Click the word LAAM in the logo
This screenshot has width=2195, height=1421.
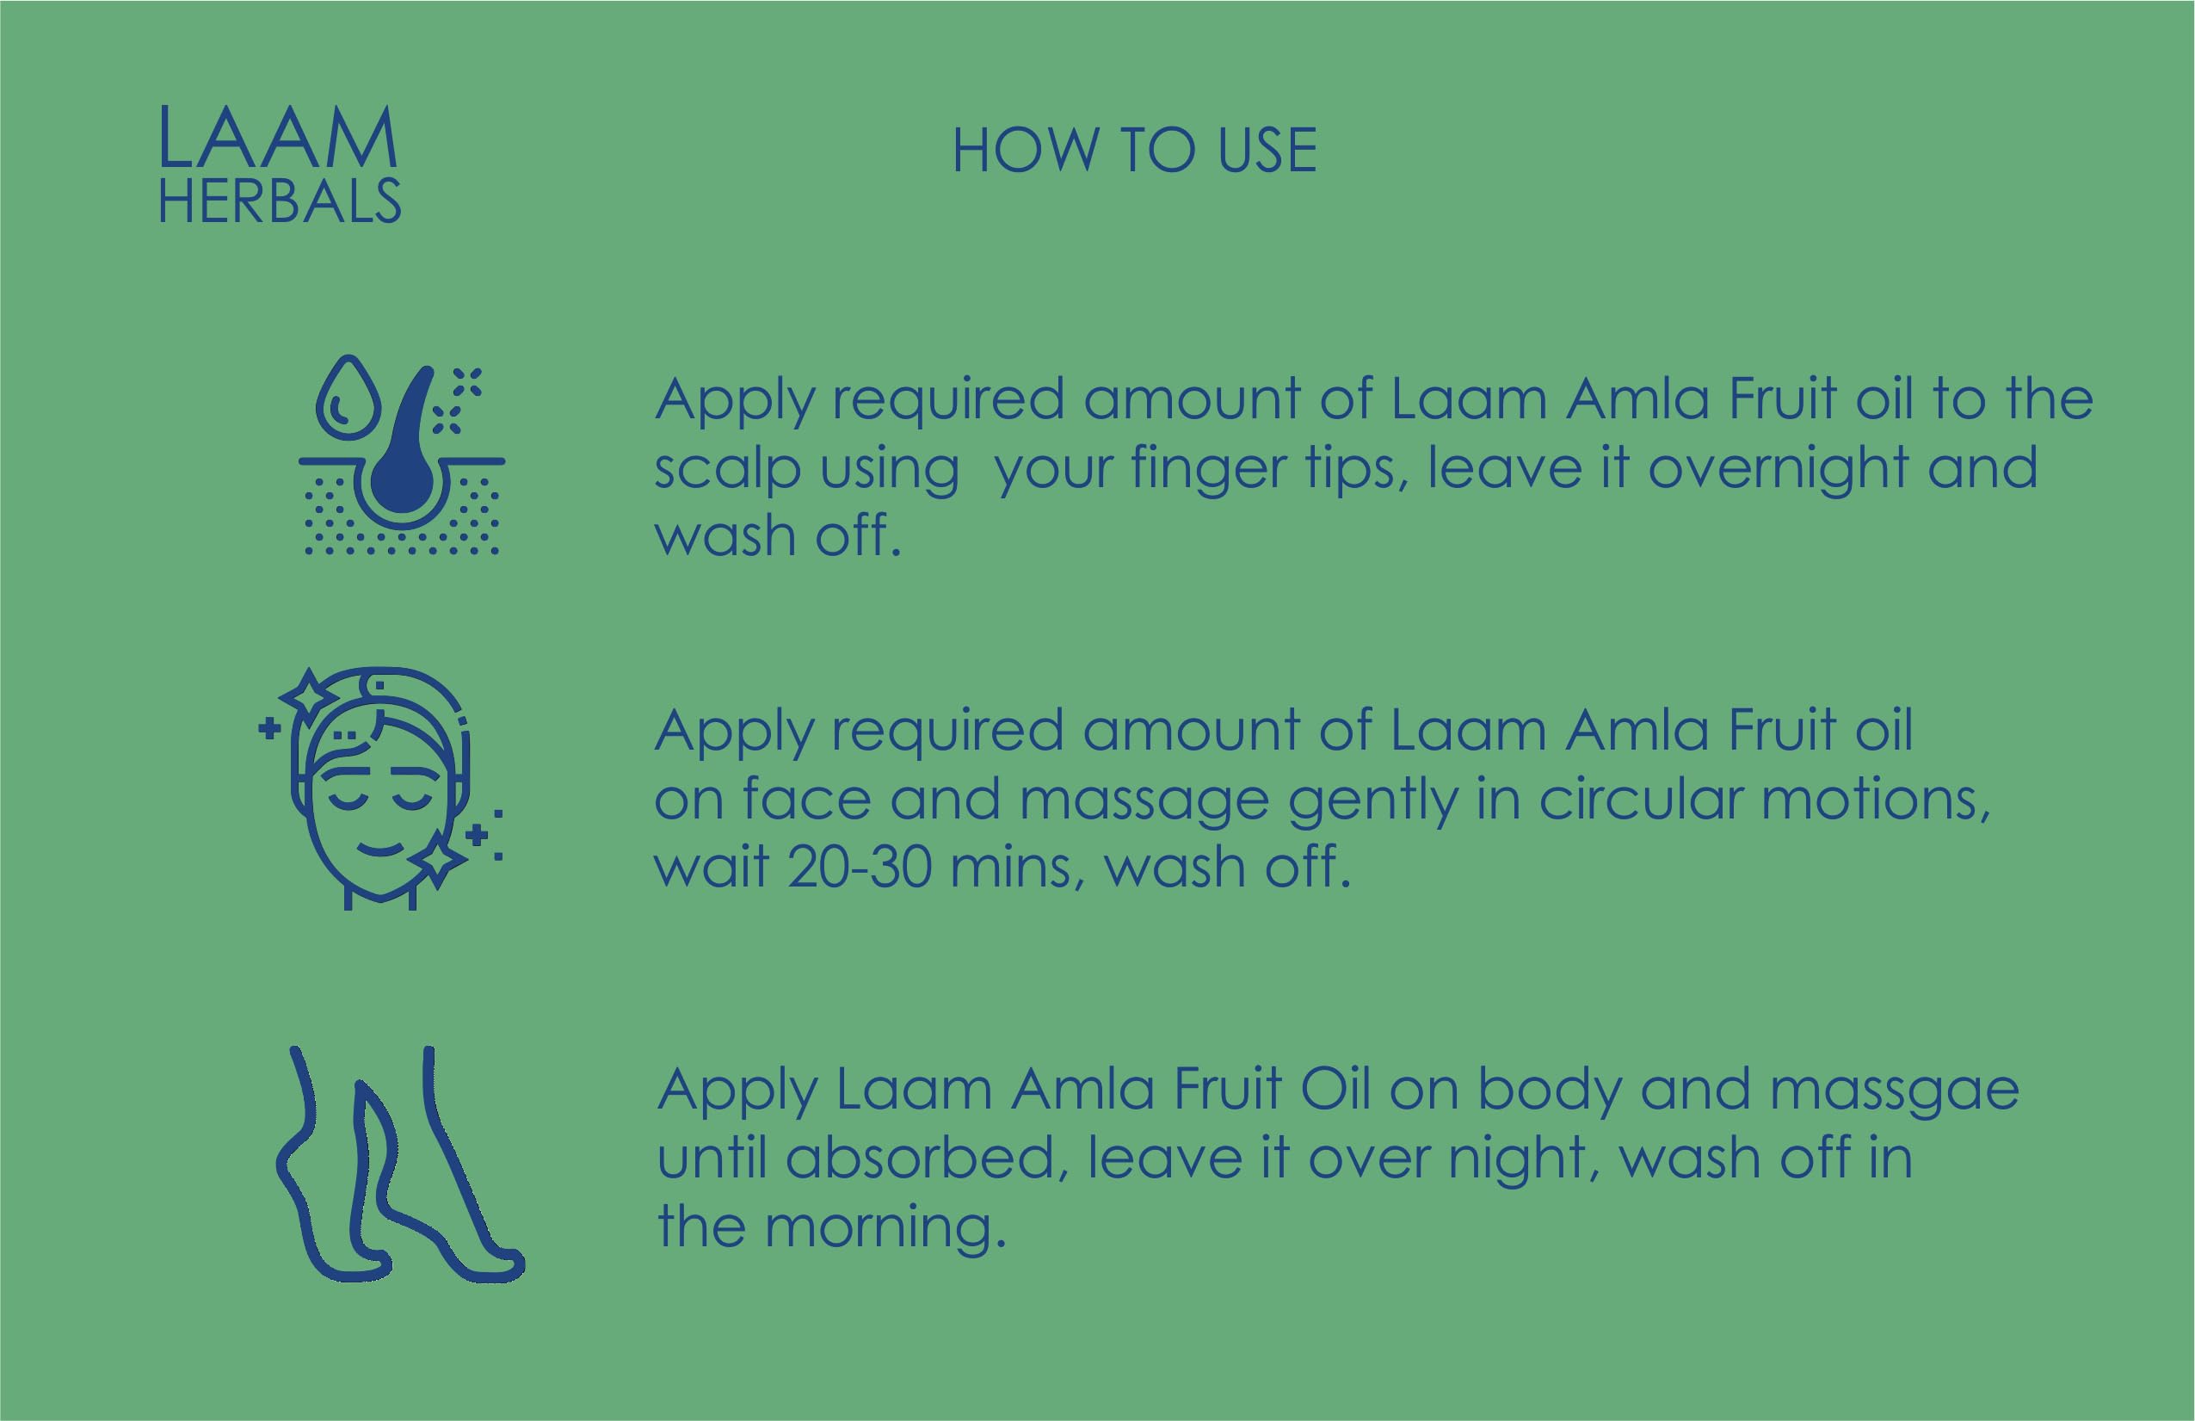tap(279, 138)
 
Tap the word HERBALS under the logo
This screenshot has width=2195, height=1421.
tap(281, 201)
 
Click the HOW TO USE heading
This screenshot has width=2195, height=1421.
tap(1134, 151)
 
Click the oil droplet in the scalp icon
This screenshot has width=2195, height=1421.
tap(347, 397)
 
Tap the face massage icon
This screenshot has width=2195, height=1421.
tap(380, 788)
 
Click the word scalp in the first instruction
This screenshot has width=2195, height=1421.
tap(727, 472)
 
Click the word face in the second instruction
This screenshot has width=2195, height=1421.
tap(807, 799)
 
